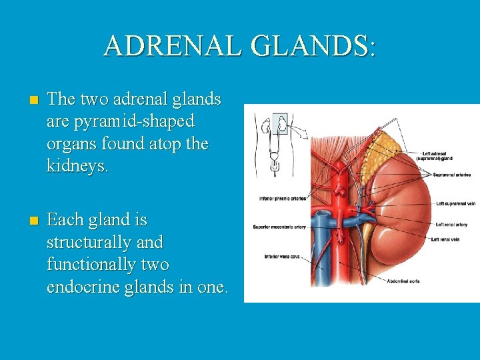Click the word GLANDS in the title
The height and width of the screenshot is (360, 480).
click(307, 46)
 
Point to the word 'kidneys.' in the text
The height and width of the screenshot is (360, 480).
click(77, 166)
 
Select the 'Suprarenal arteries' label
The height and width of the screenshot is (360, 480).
click(451, 175)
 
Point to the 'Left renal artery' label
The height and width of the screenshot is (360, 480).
click(451, 225)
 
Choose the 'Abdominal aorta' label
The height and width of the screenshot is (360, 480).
click(404, 281)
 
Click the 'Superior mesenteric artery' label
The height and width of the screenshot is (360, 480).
click(279, 227)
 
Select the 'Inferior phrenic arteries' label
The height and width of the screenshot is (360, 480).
click(282, 199)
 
